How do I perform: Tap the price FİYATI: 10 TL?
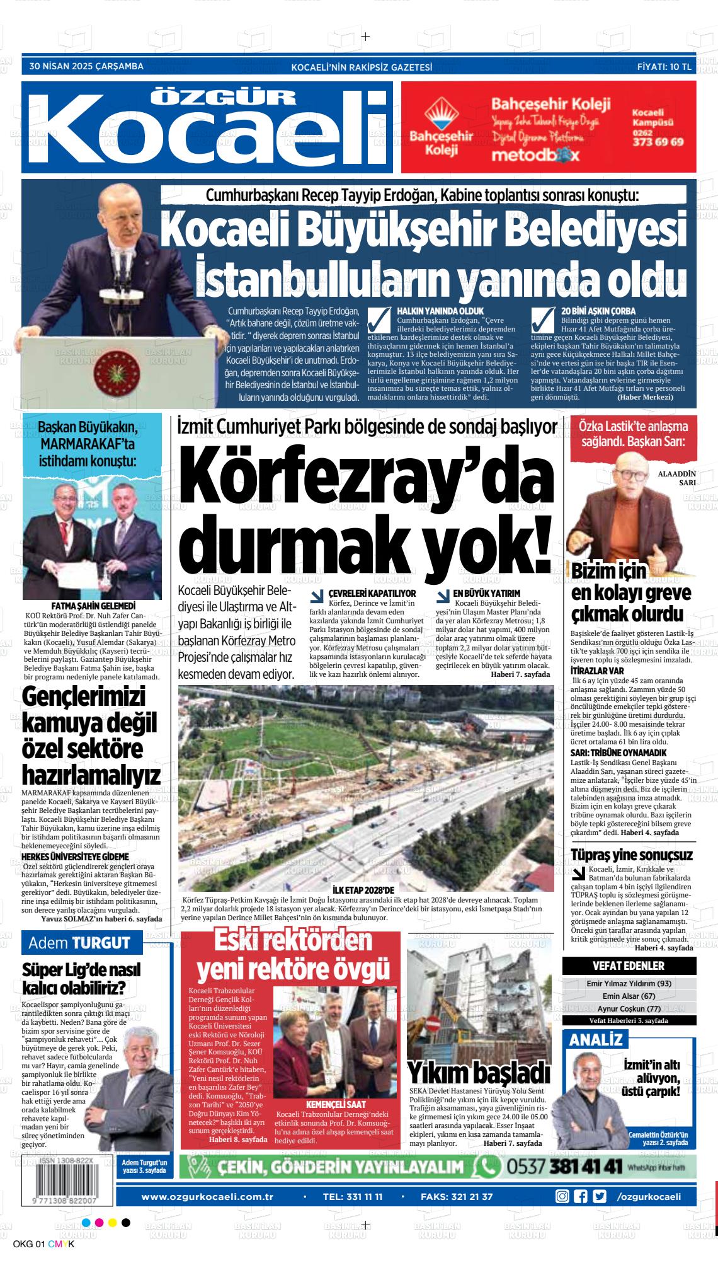coord(664,66)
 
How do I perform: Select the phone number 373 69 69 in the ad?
coord(658,142)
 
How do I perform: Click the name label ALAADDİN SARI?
coord(676,478)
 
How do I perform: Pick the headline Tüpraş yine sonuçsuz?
coord(631,855)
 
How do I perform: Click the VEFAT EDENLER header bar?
coord(629,966)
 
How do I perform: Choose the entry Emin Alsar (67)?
coord(629,996)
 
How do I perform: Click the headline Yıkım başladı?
coord(479,1072)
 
